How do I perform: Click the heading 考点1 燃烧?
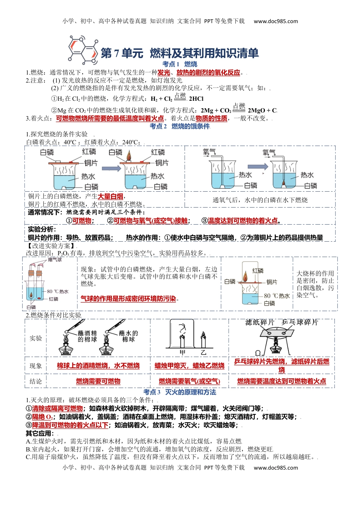point(180,64)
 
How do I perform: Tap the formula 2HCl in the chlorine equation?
point(196,99)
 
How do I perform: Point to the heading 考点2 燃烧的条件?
point(180,126)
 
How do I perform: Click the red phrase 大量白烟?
point(111,196)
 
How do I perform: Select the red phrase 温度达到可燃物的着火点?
point(243,220)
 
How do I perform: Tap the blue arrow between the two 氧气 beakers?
point(258,166)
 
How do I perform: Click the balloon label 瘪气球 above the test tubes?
point(55,260)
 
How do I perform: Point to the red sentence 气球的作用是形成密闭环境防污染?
point(128,299)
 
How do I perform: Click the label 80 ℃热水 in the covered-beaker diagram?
point(277,296)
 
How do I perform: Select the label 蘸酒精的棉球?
point(87,336)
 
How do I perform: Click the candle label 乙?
point(203,353)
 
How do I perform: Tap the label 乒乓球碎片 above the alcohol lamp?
point(300,322)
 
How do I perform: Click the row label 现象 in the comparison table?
point(36,366)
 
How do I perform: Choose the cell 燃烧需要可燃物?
point(98,381)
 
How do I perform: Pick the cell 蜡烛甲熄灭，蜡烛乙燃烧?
point(189,366)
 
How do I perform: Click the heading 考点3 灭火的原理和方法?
point(180,392)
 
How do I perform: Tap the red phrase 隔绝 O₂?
point(42,417)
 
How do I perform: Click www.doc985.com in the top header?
point(276,21)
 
